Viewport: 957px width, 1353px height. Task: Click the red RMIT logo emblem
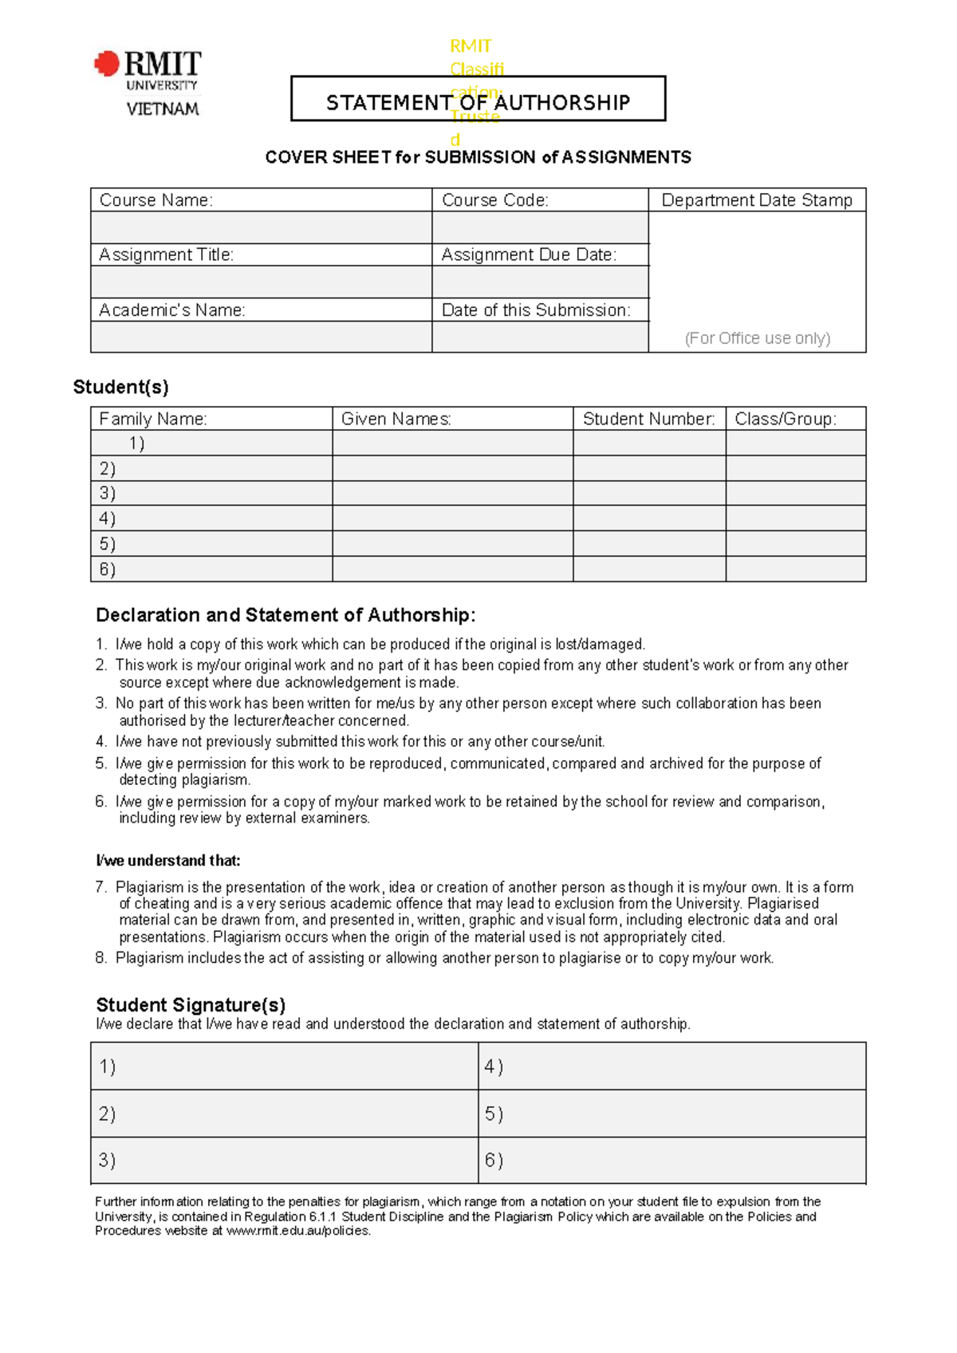[x=107, y=64]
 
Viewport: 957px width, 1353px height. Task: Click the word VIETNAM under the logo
[x=163, y=109]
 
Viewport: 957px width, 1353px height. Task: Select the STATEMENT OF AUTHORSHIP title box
[x=478, y=99]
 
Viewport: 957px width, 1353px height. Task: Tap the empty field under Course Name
[x=261, y=227]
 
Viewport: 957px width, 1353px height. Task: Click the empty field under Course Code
[x=540, y=227]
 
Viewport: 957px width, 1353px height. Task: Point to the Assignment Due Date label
[x=529, y=255]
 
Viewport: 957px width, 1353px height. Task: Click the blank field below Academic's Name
[x=261, y=337]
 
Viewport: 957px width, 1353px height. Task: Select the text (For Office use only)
[x=757, y=338]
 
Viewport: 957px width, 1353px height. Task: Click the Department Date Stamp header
[x=757, y=200]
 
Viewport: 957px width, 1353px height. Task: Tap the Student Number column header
[x=648, y=419]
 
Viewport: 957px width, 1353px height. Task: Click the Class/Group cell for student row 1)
[x=795, y=444]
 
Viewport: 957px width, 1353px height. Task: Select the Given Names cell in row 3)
[x=452, y=493]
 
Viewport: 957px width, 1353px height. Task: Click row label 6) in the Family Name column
[x=107, y=570]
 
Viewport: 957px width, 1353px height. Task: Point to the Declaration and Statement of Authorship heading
[x=286, y=615]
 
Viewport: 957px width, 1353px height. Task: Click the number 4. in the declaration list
[x=100, y=742]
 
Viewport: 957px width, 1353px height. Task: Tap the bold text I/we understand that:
[x=167, y=861]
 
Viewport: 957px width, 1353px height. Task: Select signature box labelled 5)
[x=671, y=1114]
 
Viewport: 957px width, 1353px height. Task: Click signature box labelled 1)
[x=284, y=1067]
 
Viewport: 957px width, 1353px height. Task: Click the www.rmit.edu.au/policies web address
[x=298, y=1231]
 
